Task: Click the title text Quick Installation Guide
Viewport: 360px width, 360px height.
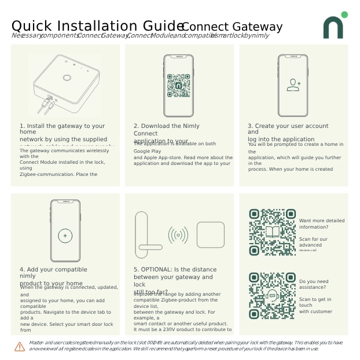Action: point(97,26)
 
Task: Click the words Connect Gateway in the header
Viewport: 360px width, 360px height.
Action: point(232,27)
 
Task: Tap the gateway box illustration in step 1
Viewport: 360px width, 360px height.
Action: point(65,84)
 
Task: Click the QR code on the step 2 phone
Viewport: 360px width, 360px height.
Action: point(178,85)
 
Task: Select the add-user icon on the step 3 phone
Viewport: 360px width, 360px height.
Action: point(293,85)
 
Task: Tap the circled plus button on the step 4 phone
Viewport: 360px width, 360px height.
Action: point(65,236)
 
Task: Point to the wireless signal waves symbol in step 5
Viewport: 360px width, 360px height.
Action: point(178,235)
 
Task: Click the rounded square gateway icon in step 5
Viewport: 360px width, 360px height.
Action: point(210,234)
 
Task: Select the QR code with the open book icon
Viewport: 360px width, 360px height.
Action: point(272,232)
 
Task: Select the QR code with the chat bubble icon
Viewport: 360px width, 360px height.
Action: point(272,295)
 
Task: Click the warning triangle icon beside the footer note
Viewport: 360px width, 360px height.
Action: point(20,346)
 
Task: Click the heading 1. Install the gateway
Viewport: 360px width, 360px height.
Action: point(63,126)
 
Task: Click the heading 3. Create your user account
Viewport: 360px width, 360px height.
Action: point(288,126)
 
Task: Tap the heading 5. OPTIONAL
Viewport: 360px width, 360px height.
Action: point(175,269)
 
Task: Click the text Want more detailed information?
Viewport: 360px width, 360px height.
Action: point(321,223)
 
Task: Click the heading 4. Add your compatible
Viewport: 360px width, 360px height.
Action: point(53,269)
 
